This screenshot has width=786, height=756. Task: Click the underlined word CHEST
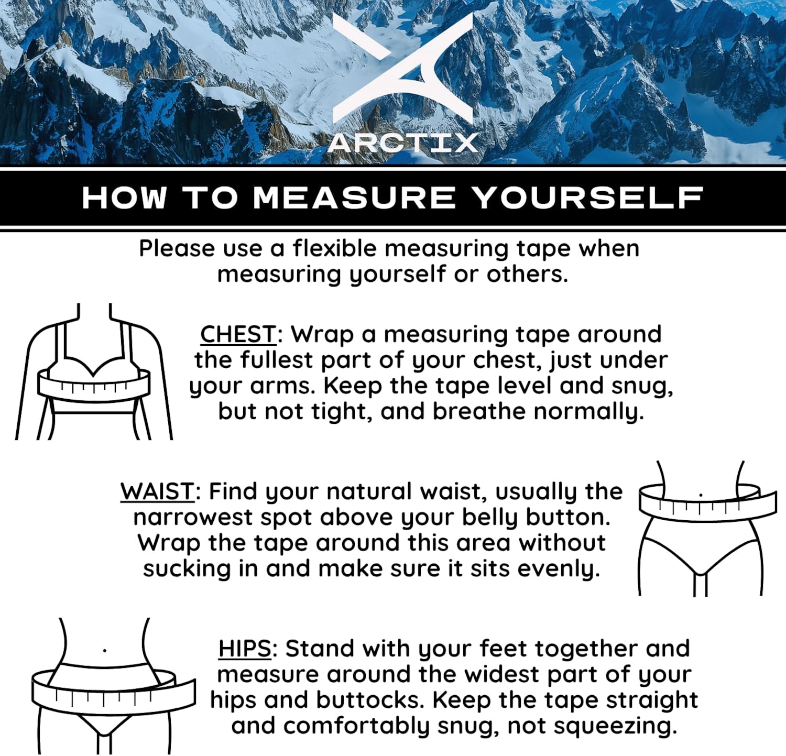click(x=238, y=334)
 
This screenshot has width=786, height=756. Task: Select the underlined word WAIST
click(x=158, y=491)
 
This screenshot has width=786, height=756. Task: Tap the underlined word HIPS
click(x=245, y=649)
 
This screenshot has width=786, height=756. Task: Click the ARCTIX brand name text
click(x=402, y=143)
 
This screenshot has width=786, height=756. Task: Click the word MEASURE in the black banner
click(x=355, y=198)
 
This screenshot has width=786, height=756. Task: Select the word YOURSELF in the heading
click(x=587, y=198)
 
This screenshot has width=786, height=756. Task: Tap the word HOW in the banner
click(x=124, y=198)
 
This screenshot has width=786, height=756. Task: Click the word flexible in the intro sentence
click(x=337, y=248)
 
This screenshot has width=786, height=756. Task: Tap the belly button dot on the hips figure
click(x=105, y=651)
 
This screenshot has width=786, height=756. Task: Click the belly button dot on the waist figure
click(x=701, y=494)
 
